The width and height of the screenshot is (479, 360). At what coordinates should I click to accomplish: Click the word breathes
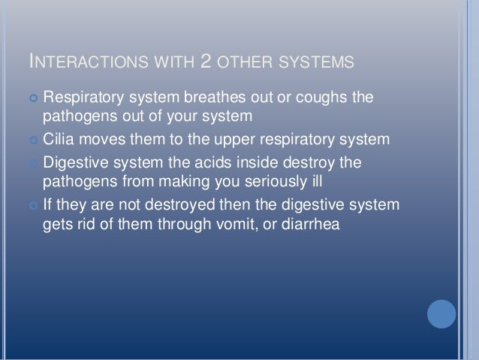222,98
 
